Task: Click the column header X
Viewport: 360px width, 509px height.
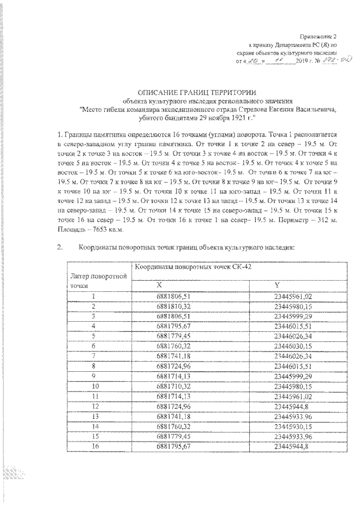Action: [159, 285]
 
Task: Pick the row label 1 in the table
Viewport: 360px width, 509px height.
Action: [94, 295]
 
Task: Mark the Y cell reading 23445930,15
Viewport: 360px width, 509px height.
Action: [292, 426]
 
